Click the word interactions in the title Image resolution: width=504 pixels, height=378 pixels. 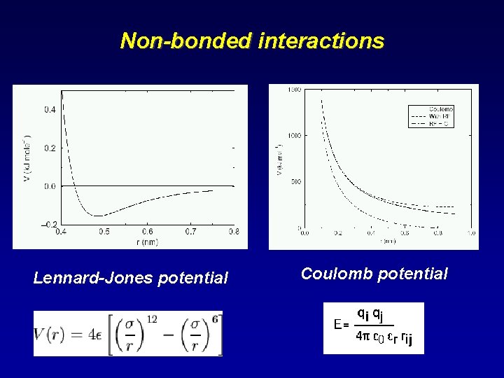click(x=321, y=41)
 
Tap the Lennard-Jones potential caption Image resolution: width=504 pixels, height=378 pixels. click(x=131, y=278)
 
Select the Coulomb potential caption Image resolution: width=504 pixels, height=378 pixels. click(x=374, y=274)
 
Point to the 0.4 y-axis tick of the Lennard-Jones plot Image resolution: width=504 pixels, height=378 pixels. click(x=51, y=110)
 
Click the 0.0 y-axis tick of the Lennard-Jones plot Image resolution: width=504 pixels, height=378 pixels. click(x=51, y=186)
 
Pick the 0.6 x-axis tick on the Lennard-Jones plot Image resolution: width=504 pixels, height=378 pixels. click(x=147, y=231)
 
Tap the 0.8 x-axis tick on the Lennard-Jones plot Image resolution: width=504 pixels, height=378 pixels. click(x=233, y=231)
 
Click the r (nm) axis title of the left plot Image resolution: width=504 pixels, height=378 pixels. click(x=147, y=241)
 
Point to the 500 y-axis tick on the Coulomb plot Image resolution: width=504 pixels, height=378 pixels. click(x=295, y=181)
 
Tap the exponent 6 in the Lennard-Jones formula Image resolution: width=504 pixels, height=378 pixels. click(x=218, y=319)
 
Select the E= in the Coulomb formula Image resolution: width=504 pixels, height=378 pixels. click(x=342, y=325)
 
